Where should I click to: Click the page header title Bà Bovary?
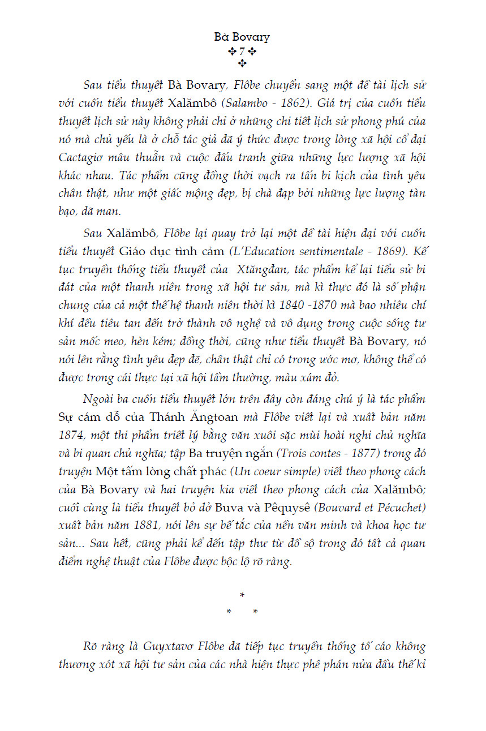point(242,37)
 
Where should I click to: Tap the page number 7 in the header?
point(242,51)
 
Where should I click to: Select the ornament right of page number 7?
point(253,51)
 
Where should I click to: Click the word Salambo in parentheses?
point(250,104)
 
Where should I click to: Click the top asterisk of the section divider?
point(242,596)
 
